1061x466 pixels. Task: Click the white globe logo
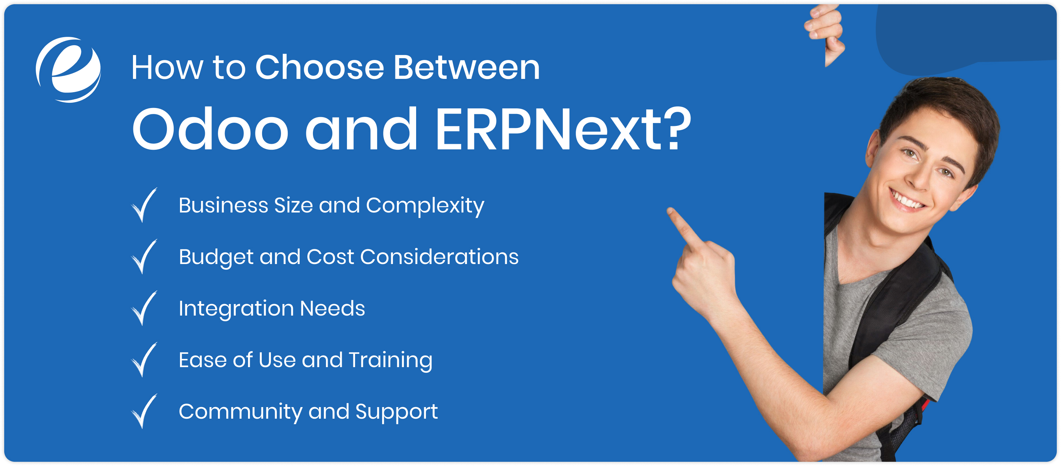(68, 69)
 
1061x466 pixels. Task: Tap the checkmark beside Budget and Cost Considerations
(144, 256)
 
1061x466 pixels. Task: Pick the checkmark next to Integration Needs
(144, 308)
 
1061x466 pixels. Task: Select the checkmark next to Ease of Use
(144, 359)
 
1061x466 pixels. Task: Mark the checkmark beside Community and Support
(144, 411)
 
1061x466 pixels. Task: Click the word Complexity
(425, 205)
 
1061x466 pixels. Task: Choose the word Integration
(236, 308)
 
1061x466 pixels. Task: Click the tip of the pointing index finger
(670, 211)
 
